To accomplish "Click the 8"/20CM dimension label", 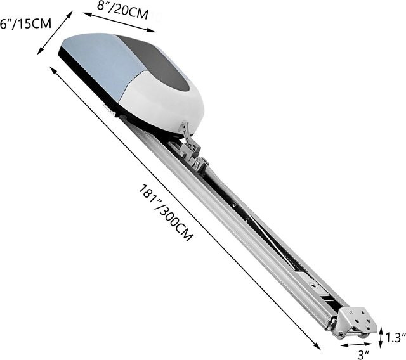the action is point(122,11).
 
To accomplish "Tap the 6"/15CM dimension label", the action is point(25,24).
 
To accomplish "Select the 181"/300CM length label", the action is point(166,212).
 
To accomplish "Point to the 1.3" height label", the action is point(395,338).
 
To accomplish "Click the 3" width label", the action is point(363,355).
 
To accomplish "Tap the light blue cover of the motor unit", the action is point(101,62).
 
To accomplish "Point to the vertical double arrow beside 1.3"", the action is point(381,337).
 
